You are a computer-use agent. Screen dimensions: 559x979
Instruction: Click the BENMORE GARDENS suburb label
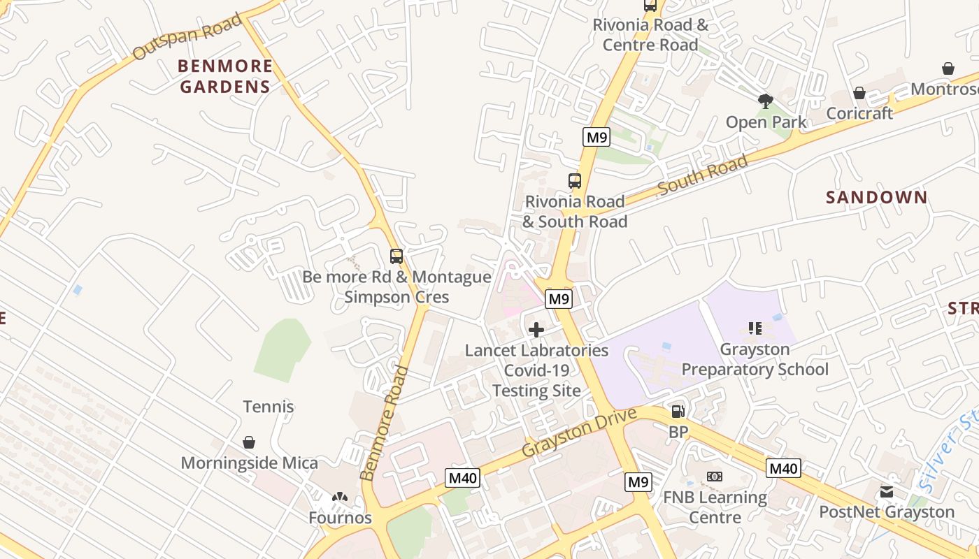click(225, 76)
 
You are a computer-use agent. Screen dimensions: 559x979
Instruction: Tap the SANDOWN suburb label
click(876, 198)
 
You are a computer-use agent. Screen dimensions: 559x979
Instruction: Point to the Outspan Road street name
click(187, 36)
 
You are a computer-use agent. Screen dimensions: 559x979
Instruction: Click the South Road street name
click(702, 175)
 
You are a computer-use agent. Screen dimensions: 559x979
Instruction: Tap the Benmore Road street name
click(384, 423)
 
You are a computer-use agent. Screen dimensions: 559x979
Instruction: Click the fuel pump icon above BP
click(678, 412)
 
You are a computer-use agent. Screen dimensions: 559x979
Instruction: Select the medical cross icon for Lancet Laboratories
click(536, 330)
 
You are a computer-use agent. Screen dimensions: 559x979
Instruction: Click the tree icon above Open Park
click(766, 101)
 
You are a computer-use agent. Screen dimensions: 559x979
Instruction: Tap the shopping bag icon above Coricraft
click(859, 93)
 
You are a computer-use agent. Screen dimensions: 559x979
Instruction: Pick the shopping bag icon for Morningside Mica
click(249, 442)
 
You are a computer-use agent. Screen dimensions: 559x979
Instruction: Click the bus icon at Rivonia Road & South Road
click(575, 181)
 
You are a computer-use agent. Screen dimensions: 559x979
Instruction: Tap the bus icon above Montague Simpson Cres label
click(396, 256)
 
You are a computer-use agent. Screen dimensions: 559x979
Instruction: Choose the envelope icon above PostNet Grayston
click(887, 492)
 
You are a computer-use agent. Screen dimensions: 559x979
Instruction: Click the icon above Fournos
click(340, 498)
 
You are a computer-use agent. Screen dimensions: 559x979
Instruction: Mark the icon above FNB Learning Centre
click(715, 477)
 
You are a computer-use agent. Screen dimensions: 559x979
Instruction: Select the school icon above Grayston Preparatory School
click(755, 328)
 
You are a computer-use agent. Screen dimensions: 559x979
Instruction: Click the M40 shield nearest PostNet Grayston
click(783, 468)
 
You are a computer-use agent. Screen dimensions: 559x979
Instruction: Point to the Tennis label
click(269, 407)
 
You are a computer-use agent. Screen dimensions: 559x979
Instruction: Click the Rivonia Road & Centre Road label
click(650, 35)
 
